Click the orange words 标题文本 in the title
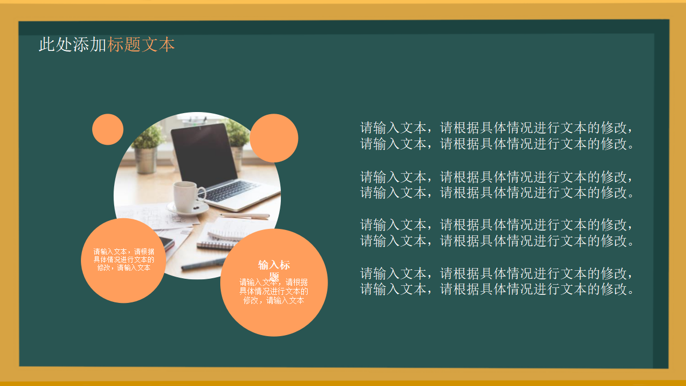tap(141, 45)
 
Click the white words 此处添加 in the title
tap(72, 45)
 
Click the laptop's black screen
tap(204, 155)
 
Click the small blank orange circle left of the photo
tap(108, 129)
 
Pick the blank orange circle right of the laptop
tap(274, 138)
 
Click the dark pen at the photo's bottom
tap(204, 263)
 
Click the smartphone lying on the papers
tap(167, 243)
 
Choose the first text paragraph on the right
tap(497, 136)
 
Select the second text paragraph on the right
tap(497, 184)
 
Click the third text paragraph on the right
tap(497, 233)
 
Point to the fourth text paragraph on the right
tap(497, 281)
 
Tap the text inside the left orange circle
tap(124, 259)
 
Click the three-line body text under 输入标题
tap(274, 291)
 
